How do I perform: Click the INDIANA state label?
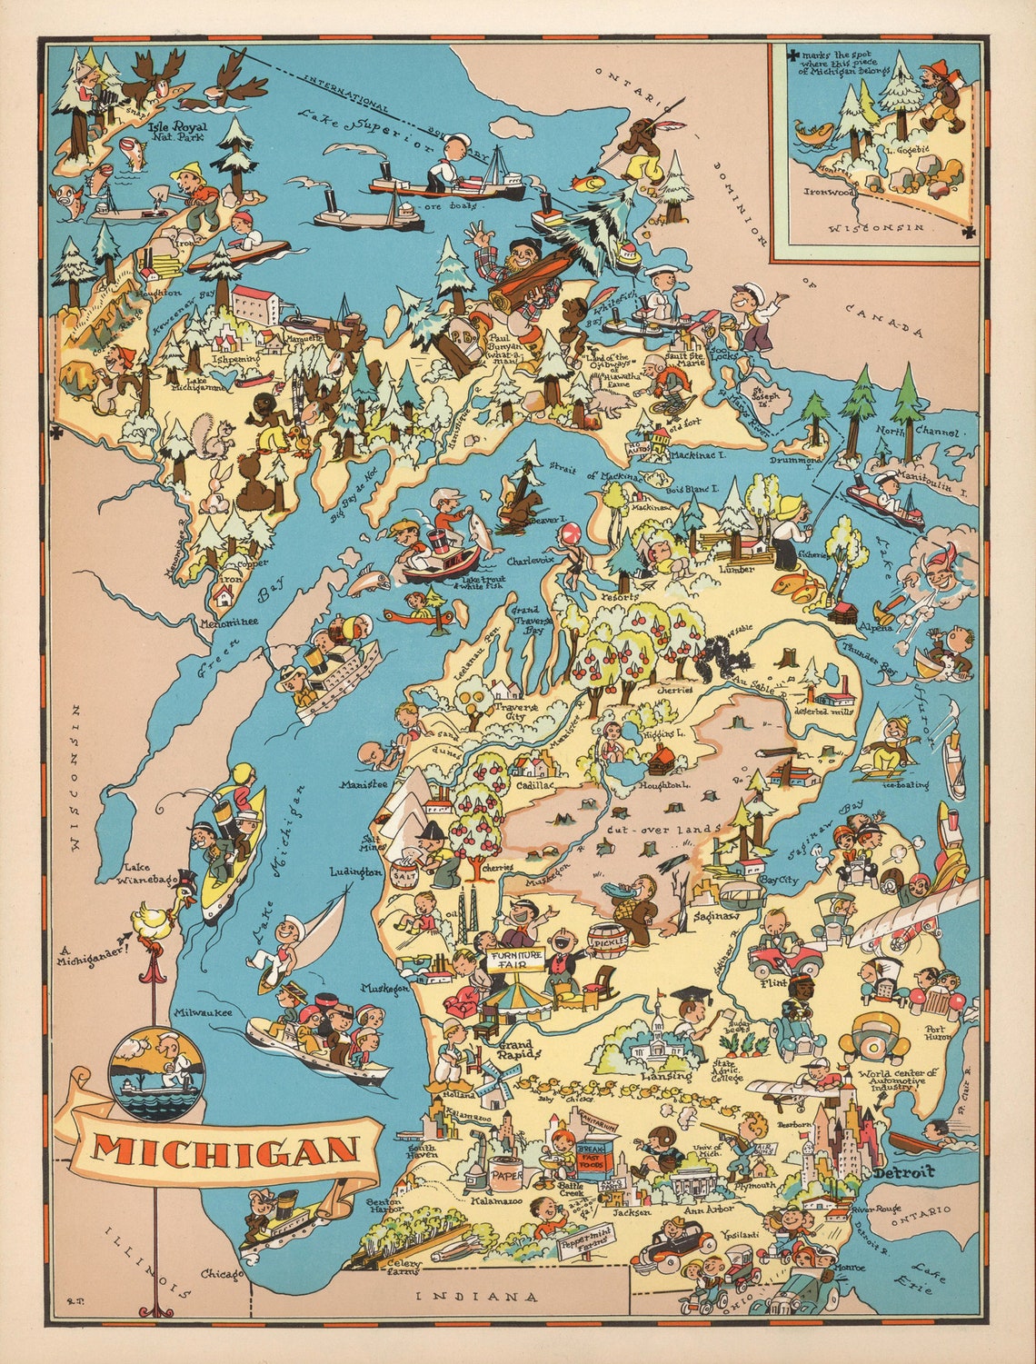(x=476, y=1296)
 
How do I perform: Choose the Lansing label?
(x=652, y=1075)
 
